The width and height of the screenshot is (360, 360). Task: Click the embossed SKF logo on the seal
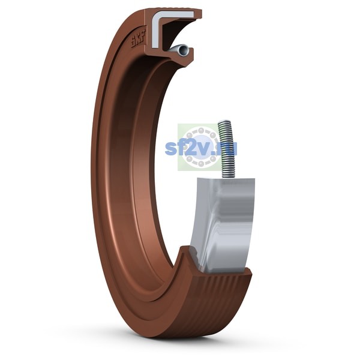pyautogui.click(x=138, y=38)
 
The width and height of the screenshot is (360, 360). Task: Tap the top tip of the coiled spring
pyautogui.click(x=224, y=121)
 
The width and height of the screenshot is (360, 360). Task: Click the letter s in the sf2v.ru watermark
pyautogui.click(x=171, y=149)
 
